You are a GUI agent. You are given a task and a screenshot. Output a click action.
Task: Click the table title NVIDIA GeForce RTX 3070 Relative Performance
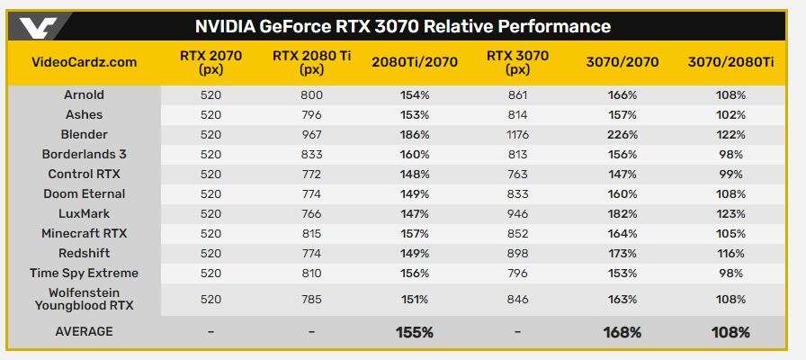[402, 26]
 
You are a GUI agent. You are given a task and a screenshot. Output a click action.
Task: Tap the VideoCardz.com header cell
[85, 62]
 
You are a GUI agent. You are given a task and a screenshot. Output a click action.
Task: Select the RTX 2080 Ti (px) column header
[311, 62]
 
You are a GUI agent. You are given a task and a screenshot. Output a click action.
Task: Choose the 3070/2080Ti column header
[730, 62]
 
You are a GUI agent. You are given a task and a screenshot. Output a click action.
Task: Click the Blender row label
[85, 134]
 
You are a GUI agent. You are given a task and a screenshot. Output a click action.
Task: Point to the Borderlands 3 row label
[85, 154]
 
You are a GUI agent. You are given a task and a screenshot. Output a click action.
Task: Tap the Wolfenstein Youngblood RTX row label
[85, 298]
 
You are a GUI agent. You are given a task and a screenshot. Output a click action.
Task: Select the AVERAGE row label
[85, 332]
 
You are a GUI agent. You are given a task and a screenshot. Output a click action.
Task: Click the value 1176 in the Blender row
[518, 134]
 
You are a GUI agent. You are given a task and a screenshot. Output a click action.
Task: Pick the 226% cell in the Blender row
[622, 134]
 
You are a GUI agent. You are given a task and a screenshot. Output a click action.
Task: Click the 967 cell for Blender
[311, 134]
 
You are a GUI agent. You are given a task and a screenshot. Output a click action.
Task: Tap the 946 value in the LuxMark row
[518, 213]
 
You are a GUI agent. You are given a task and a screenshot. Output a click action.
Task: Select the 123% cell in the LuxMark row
[730, 213]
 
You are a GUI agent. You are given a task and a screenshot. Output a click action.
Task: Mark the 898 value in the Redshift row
[518, 253]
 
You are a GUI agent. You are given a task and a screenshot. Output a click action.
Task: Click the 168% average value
[622, 332]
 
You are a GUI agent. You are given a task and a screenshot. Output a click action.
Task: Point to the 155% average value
[415, 332]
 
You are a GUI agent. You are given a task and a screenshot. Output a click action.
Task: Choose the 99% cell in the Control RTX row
[730, 174]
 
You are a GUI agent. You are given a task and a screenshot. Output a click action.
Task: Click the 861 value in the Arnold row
[518, 94]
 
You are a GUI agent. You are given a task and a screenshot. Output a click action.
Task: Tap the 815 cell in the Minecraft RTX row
[311, 233]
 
